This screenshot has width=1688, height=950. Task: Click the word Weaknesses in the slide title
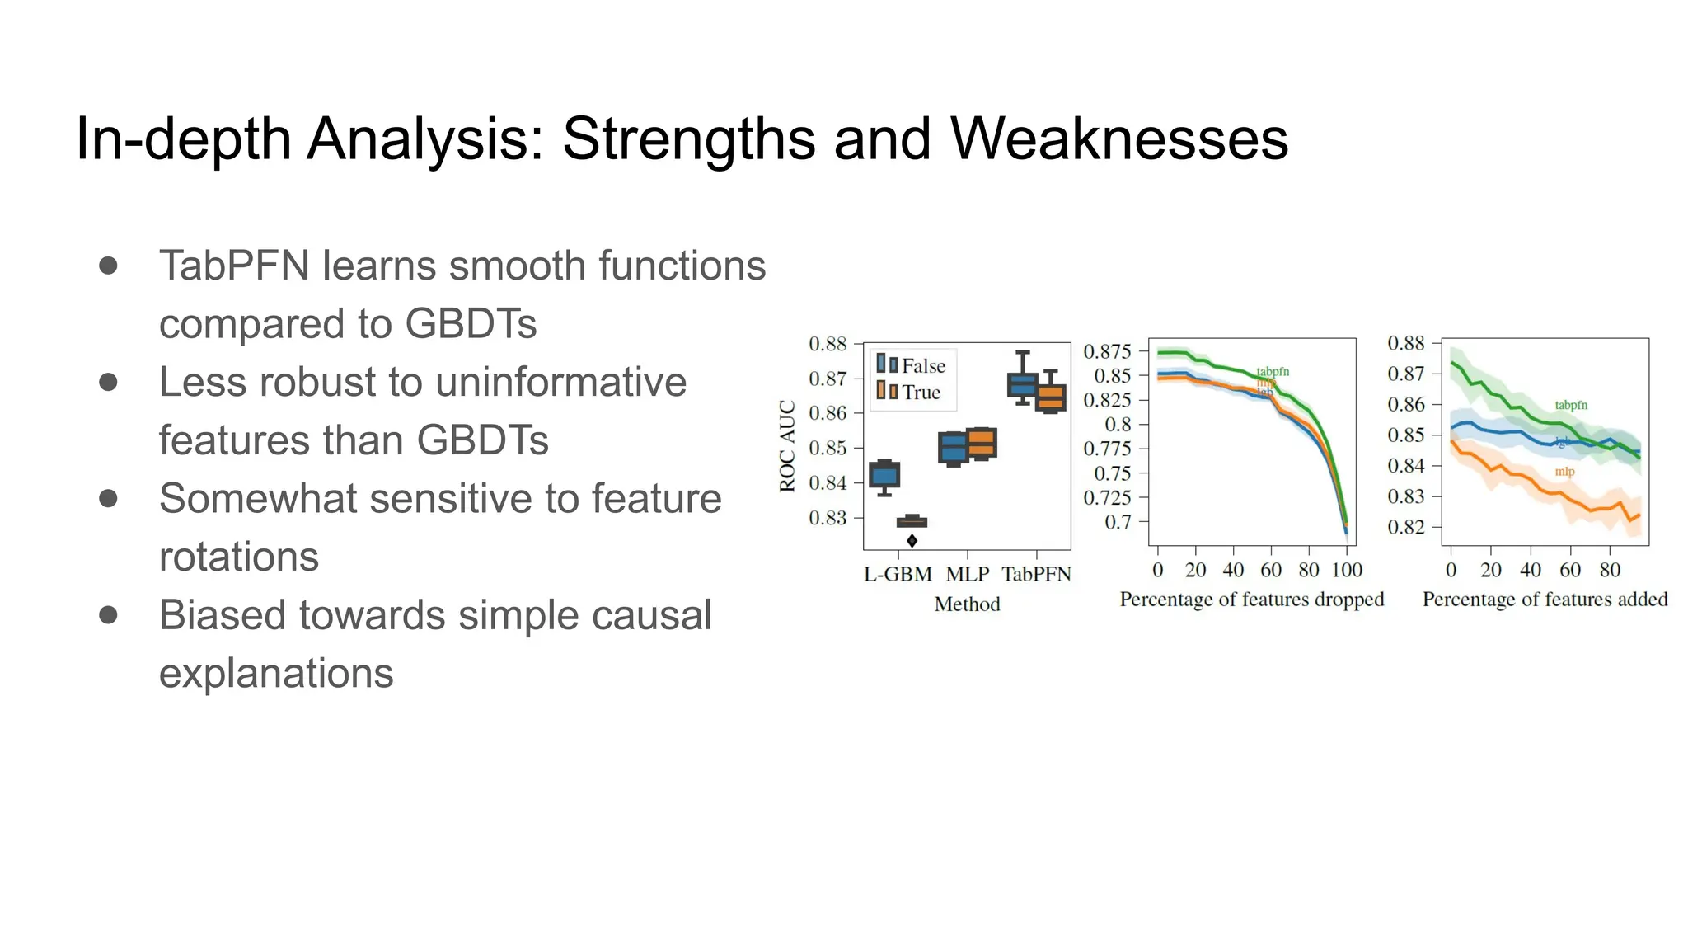tap(1118, 139)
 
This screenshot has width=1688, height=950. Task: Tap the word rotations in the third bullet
tap(238, 557)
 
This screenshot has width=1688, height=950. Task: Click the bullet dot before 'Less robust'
tap(108, 382)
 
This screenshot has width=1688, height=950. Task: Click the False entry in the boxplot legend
tap(923, 365)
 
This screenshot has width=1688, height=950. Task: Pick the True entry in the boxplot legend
tap(921, 393)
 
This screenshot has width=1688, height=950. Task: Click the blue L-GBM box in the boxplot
tap(884, 475)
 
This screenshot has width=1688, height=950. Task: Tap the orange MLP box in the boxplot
tap(982, 444)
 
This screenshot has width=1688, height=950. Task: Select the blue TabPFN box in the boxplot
tap(1022, 384)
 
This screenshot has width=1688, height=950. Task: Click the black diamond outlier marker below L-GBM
tap(912, 541)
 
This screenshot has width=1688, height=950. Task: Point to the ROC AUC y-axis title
tap(787, 446)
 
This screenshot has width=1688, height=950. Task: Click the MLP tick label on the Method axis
tap(967, 574)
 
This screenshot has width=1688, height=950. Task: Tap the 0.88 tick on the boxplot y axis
tap(828, 344)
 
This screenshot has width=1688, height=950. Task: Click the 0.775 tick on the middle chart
tap(1107, 449)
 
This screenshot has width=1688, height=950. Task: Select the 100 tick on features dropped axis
tap(1347, 570)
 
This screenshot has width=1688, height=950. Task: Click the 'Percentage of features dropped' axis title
tap(1251, 600)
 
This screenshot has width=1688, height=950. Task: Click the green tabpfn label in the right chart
tap(1571, 405)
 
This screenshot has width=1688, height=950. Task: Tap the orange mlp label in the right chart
tap(1564, 472)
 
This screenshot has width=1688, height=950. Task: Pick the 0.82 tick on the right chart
tap(1406, 527)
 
